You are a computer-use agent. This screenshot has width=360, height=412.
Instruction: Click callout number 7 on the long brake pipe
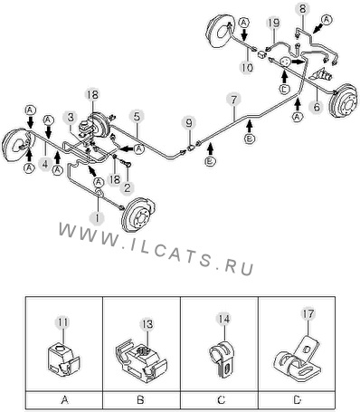click(234, 100)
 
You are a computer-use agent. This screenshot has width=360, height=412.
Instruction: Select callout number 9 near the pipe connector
click(189, 123)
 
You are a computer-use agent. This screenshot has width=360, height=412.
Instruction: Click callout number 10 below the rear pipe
click(247, 68)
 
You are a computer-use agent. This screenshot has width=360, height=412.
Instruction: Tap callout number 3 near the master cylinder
click(71, 118)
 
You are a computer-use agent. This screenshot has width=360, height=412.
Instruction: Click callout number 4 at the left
click(44, 165)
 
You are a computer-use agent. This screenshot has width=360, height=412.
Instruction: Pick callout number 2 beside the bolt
click(127, 187)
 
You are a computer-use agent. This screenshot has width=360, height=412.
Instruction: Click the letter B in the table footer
click(140, 400)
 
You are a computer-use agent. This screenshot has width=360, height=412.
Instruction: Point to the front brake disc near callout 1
click(138, 215)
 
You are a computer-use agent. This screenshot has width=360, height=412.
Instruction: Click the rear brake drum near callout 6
click(345, 101)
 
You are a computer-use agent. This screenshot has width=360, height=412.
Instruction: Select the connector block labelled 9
click(191, 149)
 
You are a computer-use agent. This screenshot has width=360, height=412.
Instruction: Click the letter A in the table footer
click(65, 400)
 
